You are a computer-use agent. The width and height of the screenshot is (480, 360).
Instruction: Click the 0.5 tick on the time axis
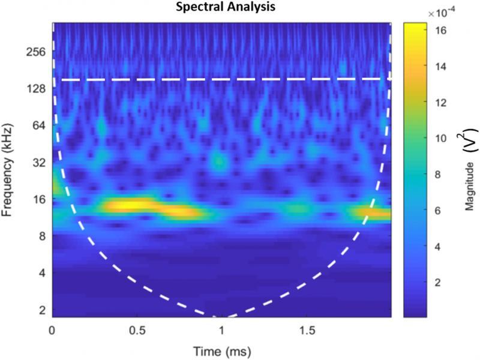(x=137, y=330)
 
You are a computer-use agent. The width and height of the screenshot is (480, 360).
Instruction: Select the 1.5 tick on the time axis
(x=307, y=330)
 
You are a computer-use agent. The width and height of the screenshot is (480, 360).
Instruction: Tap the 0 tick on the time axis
(x=53, y=330)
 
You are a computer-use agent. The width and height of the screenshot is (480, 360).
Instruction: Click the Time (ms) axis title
(x=223, y=349)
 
